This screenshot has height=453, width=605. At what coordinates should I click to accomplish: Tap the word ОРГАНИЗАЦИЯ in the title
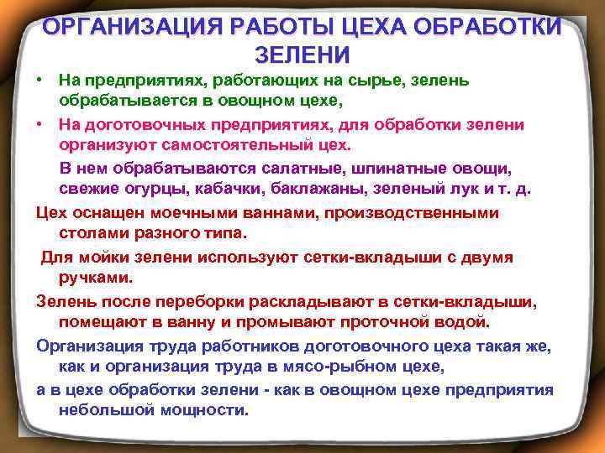pyautogui.click(x=128, y=26)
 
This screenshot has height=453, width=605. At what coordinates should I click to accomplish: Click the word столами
pyautogui.click(x=92, y=234)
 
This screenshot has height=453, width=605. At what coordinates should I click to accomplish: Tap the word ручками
pyautogui.click(x=94, y=278)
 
